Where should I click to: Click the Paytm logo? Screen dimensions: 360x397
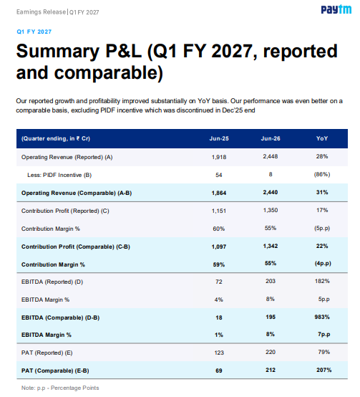[336, 9]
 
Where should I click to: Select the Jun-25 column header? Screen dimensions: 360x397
[219, 138]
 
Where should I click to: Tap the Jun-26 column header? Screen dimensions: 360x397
[271, 138]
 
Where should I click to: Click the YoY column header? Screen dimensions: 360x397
[322, 138]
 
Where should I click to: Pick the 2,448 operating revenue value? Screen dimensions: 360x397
[271, 156]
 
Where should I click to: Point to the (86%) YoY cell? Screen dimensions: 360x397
[322, 174]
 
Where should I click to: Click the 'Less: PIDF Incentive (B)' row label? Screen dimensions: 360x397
[59, 175]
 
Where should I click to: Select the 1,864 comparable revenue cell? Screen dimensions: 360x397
[219, 193]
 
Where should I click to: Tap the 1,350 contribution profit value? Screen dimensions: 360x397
[271, 210]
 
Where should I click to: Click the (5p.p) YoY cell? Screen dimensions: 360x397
[322, 228]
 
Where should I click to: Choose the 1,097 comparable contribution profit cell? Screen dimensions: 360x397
[219, 247]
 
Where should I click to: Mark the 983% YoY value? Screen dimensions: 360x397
[322, 317]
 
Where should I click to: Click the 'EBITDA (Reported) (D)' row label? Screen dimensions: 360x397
[52, 282]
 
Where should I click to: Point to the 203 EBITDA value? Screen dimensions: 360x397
[271, 281]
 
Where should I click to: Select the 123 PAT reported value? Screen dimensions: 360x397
[219, 353]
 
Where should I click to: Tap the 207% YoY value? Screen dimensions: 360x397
[323, 370]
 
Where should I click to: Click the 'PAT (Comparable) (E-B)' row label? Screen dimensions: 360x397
[55, 370]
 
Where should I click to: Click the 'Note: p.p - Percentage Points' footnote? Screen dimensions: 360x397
[60, 388]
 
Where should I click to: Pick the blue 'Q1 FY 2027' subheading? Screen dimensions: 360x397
[34, 32]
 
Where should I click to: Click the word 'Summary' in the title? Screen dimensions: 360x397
[58, 52]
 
